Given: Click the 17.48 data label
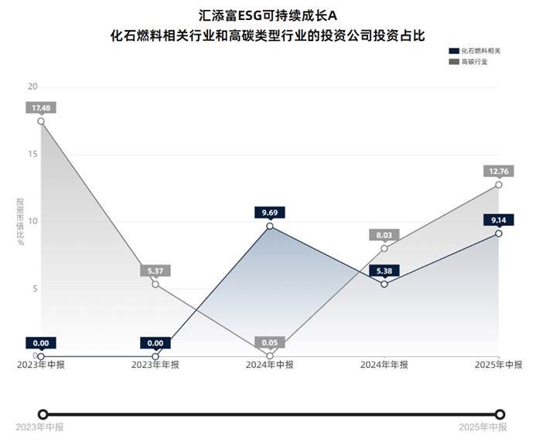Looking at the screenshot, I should (41, 107).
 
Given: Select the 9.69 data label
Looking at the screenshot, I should (270, 212).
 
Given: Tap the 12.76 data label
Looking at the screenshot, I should (499, 171).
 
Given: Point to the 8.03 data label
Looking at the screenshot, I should (384, 234).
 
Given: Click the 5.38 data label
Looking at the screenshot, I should (384, 271).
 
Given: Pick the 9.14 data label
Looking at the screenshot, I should (499, 220).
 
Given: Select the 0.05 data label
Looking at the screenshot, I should (270, 342).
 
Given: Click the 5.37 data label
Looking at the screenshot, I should (155, 271).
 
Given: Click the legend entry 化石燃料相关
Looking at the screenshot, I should (473, 50).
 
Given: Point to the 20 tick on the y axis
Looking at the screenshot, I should (32, 87).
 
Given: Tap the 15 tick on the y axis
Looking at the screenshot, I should (32, 154).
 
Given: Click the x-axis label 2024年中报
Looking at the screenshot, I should (270, 365).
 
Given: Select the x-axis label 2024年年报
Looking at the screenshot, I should (384, 365).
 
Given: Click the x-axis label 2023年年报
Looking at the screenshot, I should (155, 365).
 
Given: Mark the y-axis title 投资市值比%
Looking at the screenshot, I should (21, 221).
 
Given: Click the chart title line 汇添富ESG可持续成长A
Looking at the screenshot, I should (268, 15).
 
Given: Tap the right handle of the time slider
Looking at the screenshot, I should (500, 414).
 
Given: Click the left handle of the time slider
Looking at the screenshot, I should (43, 414).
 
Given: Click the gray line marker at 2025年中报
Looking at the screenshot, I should (499, 185).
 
